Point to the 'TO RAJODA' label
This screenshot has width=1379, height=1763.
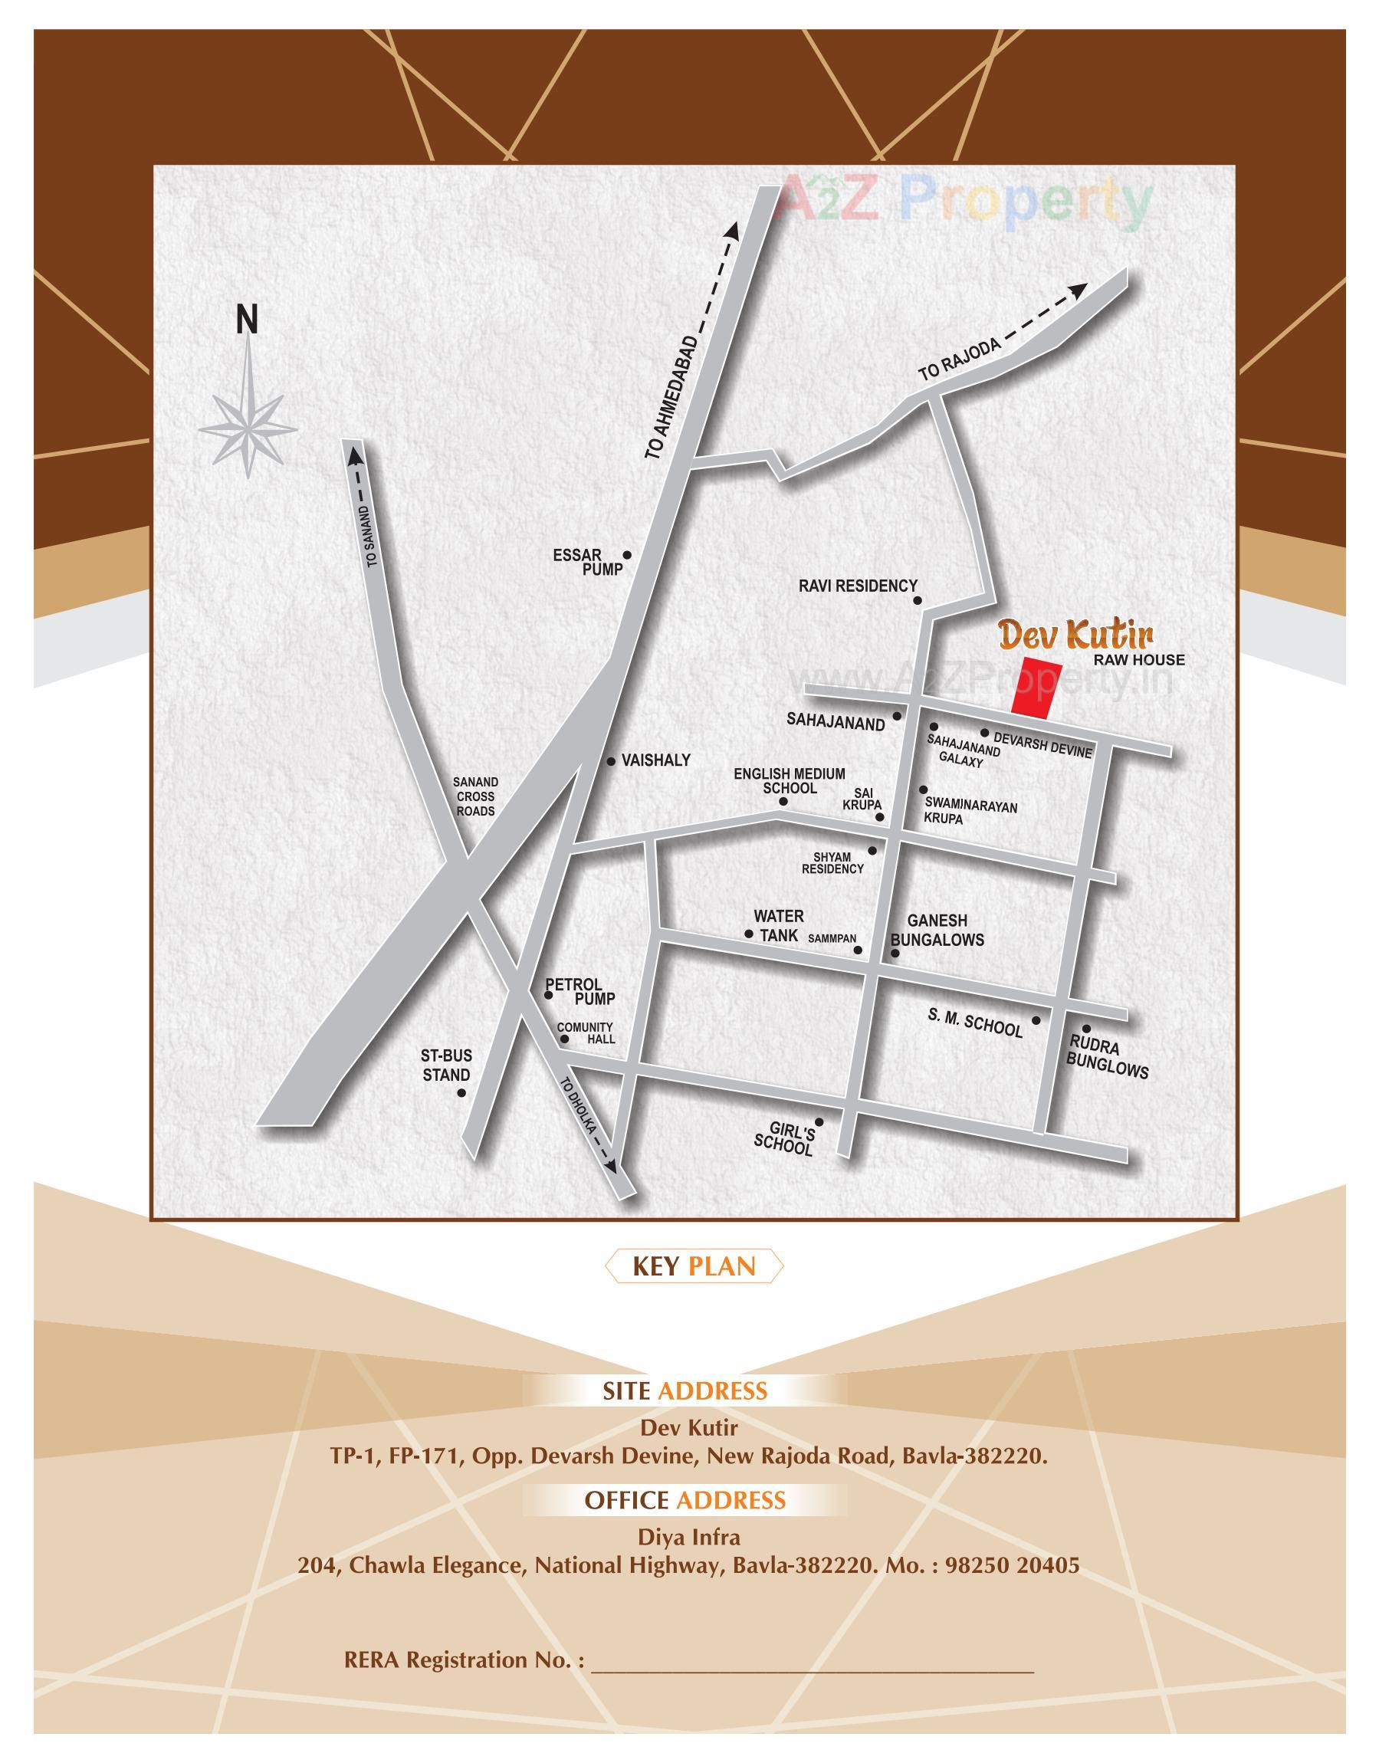coord(959,359)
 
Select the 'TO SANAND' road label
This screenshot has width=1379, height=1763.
coord(372,537)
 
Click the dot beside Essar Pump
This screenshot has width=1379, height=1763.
coord(626,556)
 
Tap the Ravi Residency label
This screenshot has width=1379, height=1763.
coord(858,586)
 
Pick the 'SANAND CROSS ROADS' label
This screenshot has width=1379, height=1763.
coord(475,796)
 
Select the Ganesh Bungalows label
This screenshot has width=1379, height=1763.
coord(937,930)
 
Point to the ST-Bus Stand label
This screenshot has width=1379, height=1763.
coord(445,1065)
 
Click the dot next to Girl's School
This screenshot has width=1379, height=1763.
coord(819,1122)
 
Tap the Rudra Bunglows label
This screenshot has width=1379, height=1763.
coord(1107,1058)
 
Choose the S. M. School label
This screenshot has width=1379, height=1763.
coord(975,1024)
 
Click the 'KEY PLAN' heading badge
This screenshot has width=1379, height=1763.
coord(694,1266)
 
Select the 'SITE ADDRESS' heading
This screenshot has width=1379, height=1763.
coord(685,1391)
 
